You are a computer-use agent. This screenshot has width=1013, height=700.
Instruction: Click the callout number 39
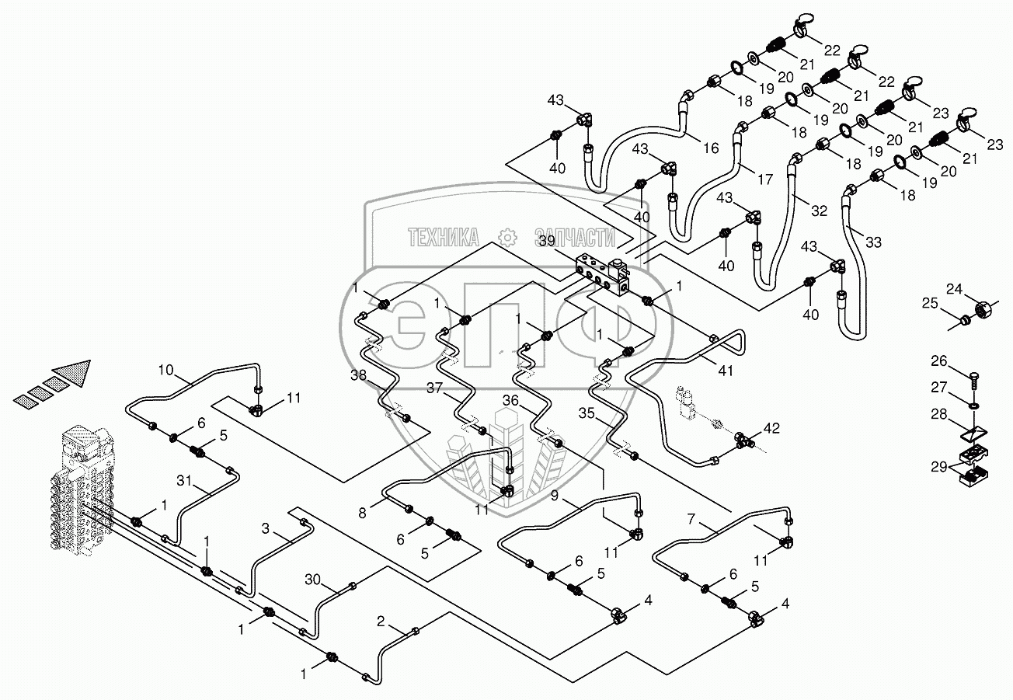(546, 242)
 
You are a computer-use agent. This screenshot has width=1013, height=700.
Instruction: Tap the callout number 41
(725, 371)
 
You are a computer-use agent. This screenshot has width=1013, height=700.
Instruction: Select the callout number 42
(771, 427)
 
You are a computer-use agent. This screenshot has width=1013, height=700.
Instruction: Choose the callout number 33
(873, 242)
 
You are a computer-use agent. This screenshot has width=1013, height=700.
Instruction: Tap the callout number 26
(940, 360)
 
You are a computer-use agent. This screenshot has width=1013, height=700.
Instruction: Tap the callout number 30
(312, 579)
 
